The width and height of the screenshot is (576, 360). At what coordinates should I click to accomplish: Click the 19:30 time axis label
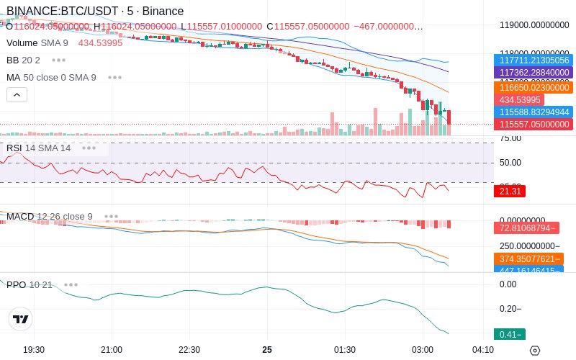click(34, 349)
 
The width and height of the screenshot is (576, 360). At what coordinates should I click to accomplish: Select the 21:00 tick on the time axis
click(112, 349)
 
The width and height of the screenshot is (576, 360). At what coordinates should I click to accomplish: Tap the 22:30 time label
click(189, 349)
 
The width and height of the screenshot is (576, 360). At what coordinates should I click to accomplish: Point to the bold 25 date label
click(267, 349)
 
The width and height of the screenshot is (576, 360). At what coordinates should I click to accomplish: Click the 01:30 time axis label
click(344, 349)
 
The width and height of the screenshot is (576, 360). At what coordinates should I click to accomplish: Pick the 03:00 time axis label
click(422, 349)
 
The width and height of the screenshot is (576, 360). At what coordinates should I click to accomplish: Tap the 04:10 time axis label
click(482, 349)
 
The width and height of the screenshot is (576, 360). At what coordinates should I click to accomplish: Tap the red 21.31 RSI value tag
click(510, 191)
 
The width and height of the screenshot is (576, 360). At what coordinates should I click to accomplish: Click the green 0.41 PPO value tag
click(510, 334)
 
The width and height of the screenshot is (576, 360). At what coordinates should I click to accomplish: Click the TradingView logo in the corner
click(21, 319)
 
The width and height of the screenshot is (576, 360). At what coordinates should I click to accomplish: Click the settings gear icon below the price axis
click(534, 350)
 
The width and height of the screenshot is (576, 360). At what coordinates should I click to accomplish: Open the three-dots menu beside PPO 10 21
click(71, 284)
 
